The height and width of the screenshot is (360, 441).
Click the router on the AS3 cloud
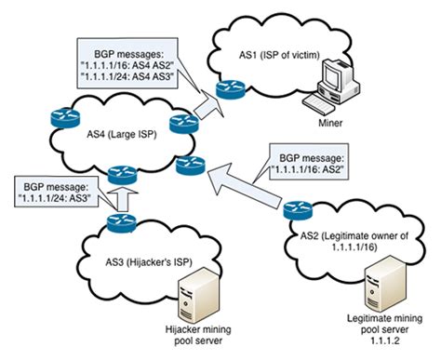coord(121,221)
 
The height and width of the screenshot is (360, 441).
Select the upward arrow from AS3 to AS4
coord(121,194)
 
